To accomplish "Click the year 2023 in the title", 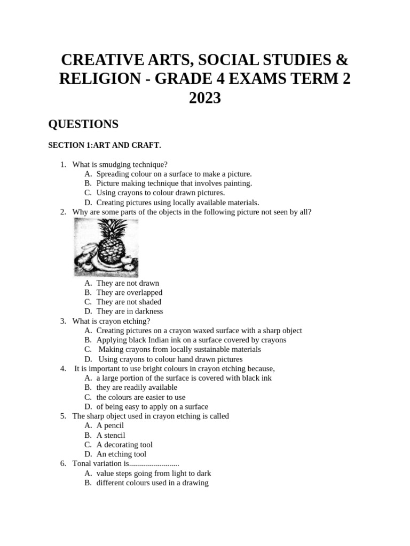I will [x=205, y=98].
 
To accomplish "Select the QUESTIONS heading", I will [x=83, y=124].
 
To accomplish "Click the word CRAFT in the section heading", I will [x=147, y=145].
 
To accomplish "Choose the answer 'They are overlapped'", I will [x=129, y=293].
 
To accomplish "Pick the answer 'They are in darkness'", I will [x=130, y=311].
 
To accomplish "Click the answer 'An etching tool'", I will [x=121, y=454].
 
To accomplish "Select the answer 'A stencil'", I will [x=111, y=435].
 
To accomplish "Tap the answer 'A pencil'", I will [x=110, y=425].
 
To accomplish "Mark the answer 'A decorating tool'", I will [x=124, y=445].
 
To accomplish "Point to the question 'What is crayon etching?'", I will [x=111, y=321].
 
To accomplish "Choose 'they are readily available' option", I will [x=137, y=388].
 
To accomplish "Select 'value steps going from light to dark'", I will [x=154, y=473].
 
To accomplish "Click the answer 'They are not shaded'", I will [x=129, y=302].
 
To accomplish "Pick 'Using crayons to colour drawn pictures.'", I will [x=161, y=193].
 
